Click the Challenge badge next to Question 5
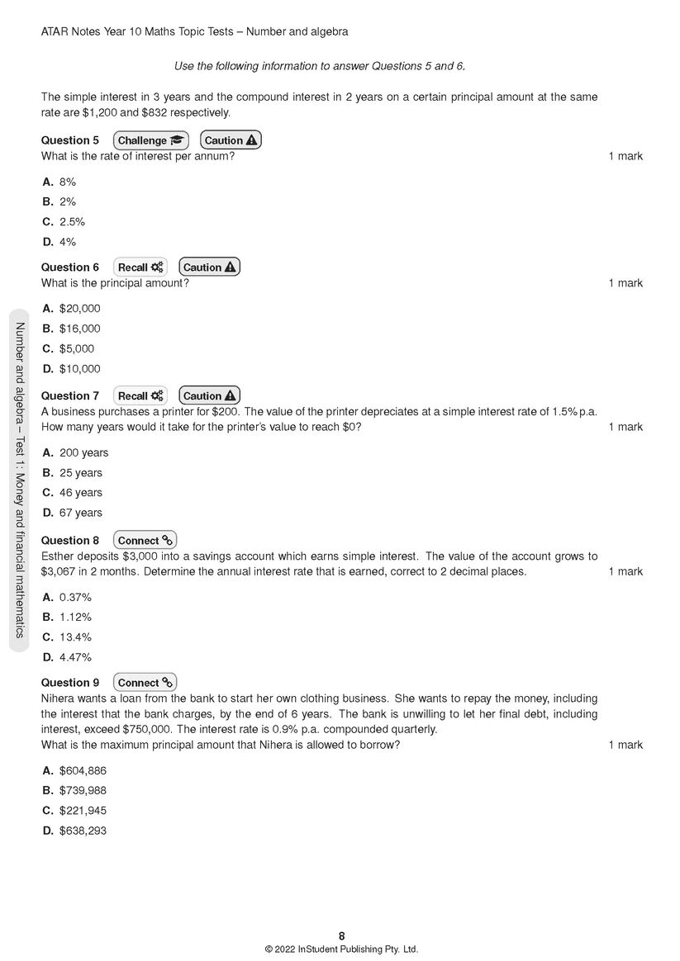[x=150, y=140]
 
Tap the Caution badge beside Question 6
[x=209, y=267]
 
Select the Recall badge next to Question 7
[x=140, y=395]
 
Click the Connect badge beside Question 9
[x=145, y=683]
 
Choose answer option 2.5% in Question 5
[x=72, y=222]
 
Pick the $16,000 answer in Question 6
[x=79, y=329]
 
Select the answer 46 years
[x=81, y=493]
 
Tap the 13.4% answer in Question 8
[x=75, y=637]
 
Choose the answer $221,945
[x=83, y=811]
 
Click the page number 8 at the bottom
[x=341, y=935]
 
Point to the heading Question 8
[x=70, y=541]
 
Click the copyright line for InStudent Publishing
[x=341, y=949]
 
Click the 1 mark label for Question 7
[x=625, y=427]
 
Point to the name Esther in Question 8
[x=58, y=556]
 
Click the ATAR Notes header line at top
[x=194, y=31]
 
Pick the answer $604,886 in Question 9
[x=83, y=771]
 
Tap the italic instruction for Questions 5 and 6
[x=326, y=66]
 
